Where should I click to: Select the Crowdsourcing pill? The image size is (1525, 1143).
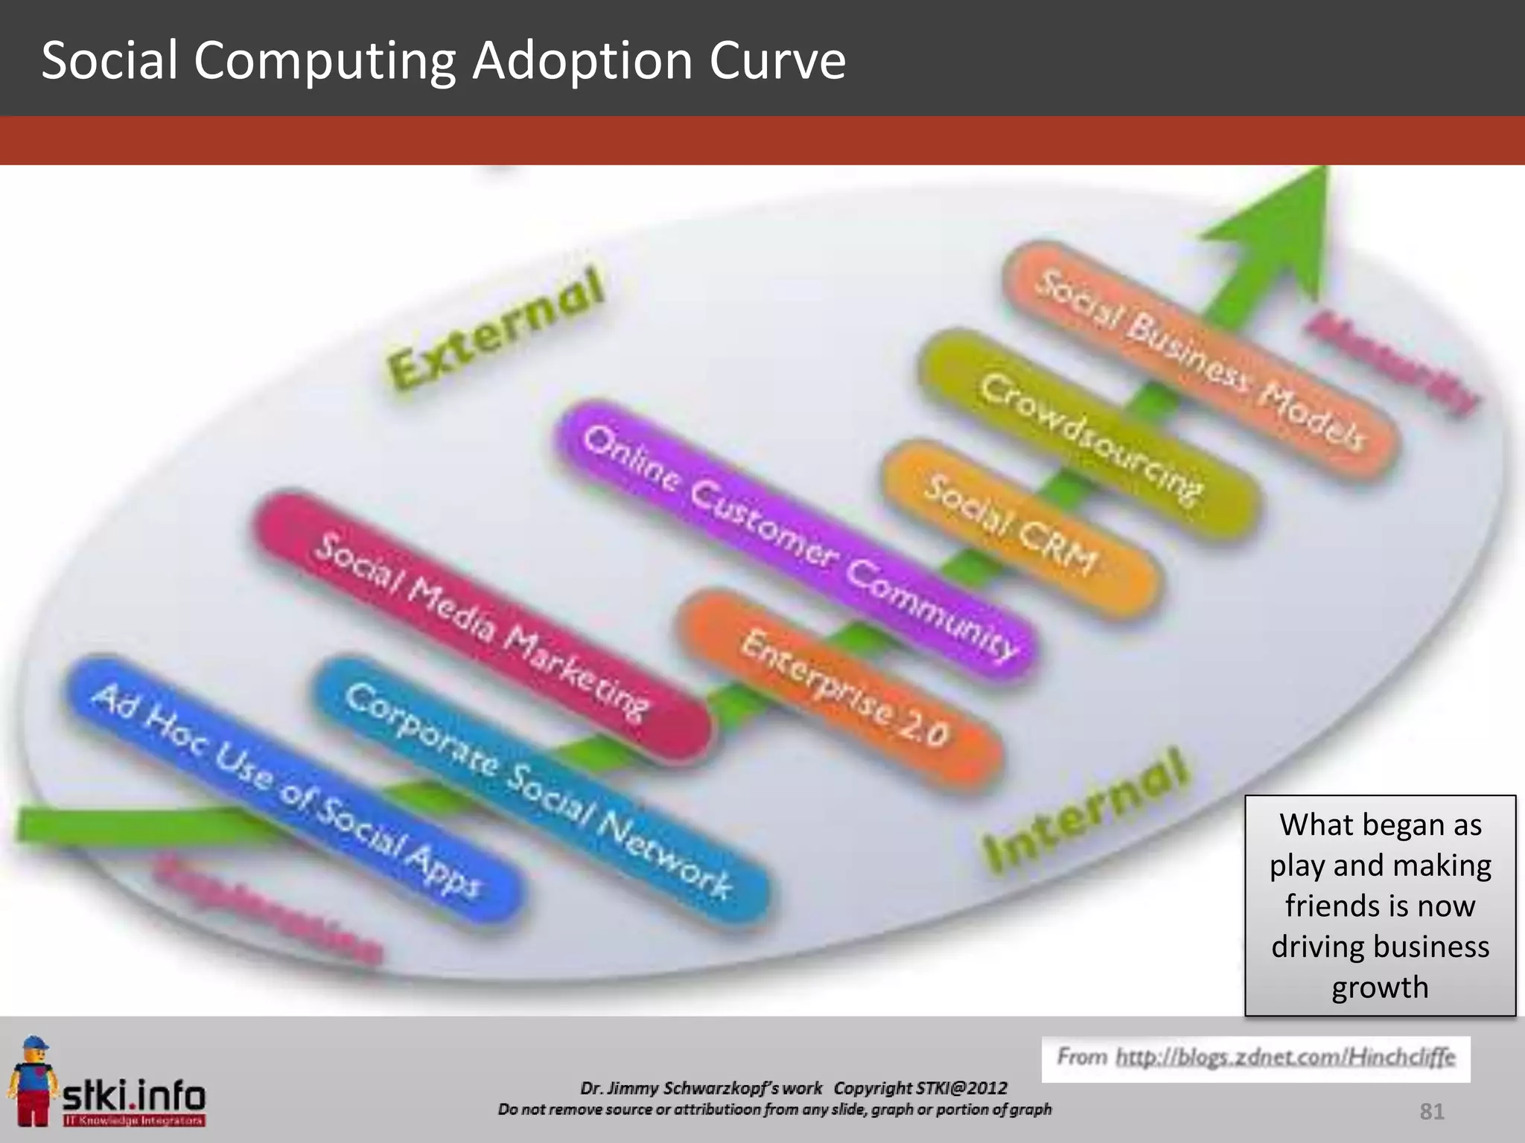tap(1089, 435)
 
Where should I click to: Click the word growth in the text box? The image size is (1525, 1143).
tap(1380, 987)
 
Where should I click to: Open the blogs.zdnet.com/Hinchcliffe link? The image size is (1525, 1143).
tap(1284, 1057)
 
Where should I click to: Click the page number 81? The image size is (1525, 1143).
tap(1432, 1112)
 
